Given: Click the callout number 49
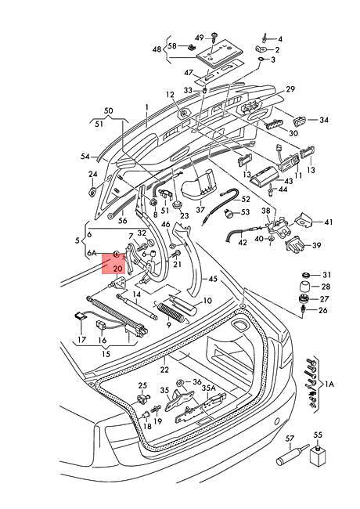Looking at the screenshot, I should (199, 38).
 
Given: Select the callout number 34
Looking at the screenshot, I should (324, 120).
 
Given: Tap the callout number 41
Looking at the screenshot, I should (328, 222).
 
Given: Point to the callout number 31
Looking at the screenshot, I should (327, 274).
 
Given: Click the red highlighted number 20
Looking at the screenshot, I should (117, 268).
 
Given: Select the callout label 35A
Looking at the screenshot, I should (208, 387).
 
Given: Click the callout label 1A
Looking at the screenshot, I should (329, 384).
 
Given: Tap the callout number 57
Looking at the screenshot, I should (289, 439).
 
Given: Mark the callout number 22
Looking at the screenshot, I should (164, 370).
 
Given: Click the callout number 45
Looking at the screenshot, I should (212, 278).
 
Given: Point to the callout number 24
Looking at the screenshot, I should (92, 174).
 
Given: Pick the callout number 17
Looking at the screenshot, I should (81, 341).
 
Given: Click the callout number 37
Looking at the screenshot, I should (200, 209).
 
